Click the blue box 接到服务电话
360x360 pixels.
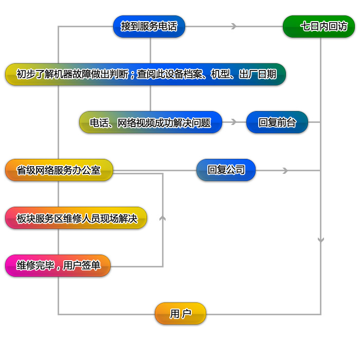point(149,26)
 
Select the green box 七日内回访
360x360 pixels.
point(319,26)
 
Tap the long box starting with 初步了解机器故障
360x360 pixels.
point(145,74)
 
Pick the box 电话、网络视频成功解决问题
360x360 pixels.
point(151,122)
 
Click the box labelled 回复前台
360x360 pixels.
point(277,122)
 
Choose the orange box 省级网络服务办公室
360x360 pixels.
point(59,170)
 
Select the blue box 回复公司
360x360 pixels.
point(226,170)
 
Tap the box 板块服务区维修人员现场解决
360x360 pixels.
point(76,218)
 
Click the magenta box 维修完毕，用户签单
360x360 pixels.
point(58,266)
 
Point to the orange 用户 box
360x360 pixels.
point(181,313)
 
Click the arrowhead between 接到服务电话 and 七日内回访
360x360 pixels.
point(234,26)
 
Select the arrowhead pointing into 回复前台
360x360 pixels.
point(234,122)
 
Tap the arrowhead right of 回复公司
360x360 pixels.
point(285,170)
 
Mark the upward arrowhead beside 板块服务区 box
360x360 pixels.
point(163,218)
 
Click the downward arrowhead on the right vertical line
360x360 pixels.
point(321,240)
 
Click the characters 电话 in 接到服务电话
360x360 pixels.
point(168,26)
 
